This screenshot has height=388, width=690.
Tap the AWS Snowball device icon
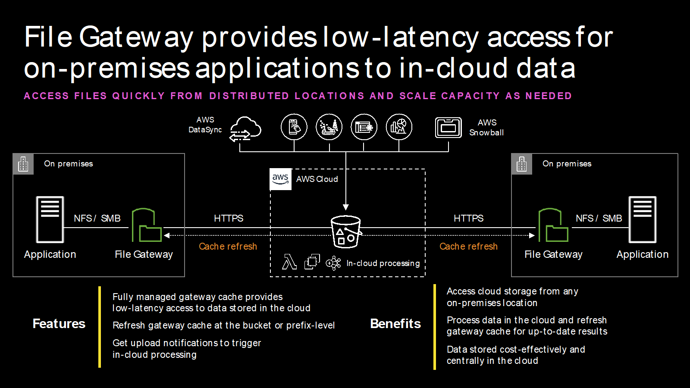click(x=448, y=128)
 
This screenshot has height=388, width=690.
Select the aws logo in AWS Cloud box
click(x=280, y=179)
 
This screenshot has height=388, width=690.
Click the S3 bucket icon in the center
click(x=345, y=232)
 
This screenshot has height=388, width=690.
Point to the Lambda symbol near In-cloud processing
click(x=289, y=262)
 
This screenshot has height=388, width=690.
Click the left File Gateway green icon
click(x=146, y=225)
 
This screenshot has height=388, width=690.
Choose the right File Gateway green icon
click(x=553, y=225)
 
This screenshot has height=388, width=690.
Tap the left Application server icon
click(x=50, y=219)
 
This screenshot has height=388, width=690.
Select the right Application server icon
click(x=642, y=219)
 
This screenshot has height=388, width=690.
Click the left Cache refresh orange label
click(x=228, y=246)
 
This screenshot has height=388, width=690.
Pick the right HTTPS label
click(x=468, y=218)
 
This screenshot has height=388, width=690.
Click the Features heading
click(x=59, y=324)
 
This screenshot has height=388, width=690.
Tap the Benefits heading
click(x=395, y=324)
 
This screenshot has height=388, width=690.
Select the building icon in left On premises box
click(x=23, y=164)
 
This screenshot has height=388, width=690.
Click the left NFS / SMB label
click(x=97, y=218)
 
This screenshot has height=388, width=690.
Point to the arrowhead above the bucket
click(x=345, y=207)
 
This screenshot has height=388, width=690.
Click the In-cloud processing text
click(x=383, y=263)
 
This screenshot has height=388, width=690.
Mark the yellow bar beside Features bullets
click(x=100, y=327)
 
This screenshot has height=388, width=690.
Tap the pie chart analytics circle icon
click(x=398, y=127)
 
